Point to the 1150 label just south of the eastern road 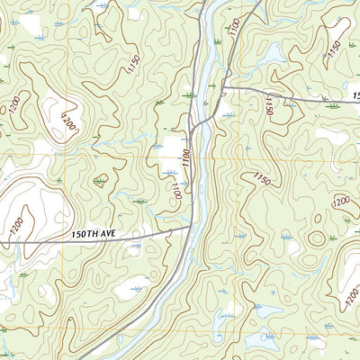coord(268,107)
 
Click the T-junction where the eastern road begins coord(223,87)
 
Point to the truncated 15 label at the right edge coord(355,94)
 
